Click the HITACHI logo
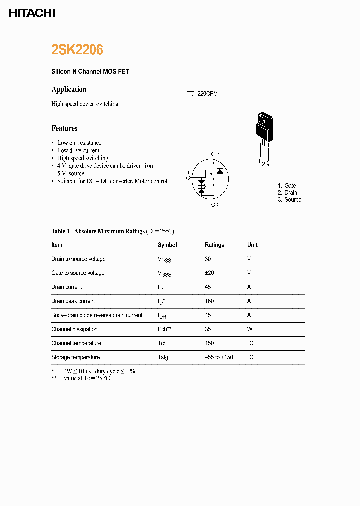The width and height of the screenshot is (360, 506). click(x=32, y=13)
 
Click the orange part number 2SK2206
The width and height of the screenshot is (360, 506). click(x=77, y=50)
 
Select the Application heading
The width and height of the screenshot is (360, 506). click(x=69, y=89)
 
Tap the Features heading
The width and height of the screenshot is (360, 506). click(x=64, y=128)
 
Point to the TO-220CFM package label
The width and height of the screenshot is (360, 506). click(x=199, y=94)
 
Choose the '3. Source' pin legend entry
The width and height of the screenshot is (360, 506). click(x=289, y=200)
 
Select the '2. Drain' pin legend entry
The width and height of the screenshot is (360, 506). click(x=287, y=193)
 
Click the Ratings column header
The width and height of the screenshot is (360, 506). click(x=214, y=245)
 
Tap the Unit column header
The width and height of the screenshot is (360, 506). click(x=252, y=245)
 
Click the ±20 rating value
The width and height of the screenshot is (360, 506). click(x=209, y=273)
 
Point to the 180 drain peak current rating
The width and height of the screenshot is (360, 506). click(x=209, y=301)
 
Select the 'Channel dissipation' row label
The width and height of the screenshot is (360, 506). click(x=74, y=329)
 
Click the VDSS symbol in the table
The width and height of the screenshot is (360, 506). click(x=164, y=259)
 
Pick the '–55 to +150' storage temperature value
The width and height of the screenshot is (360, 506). click(x=219, y=357)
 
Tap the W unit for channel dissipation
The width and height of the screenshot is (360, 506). click(x=250, y=329)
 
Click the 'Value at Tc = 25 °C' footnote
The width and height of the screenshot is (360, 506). click(x=86, y=378)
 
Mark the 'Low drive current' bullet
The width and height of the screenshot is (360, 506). click(x=78, y=150)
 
